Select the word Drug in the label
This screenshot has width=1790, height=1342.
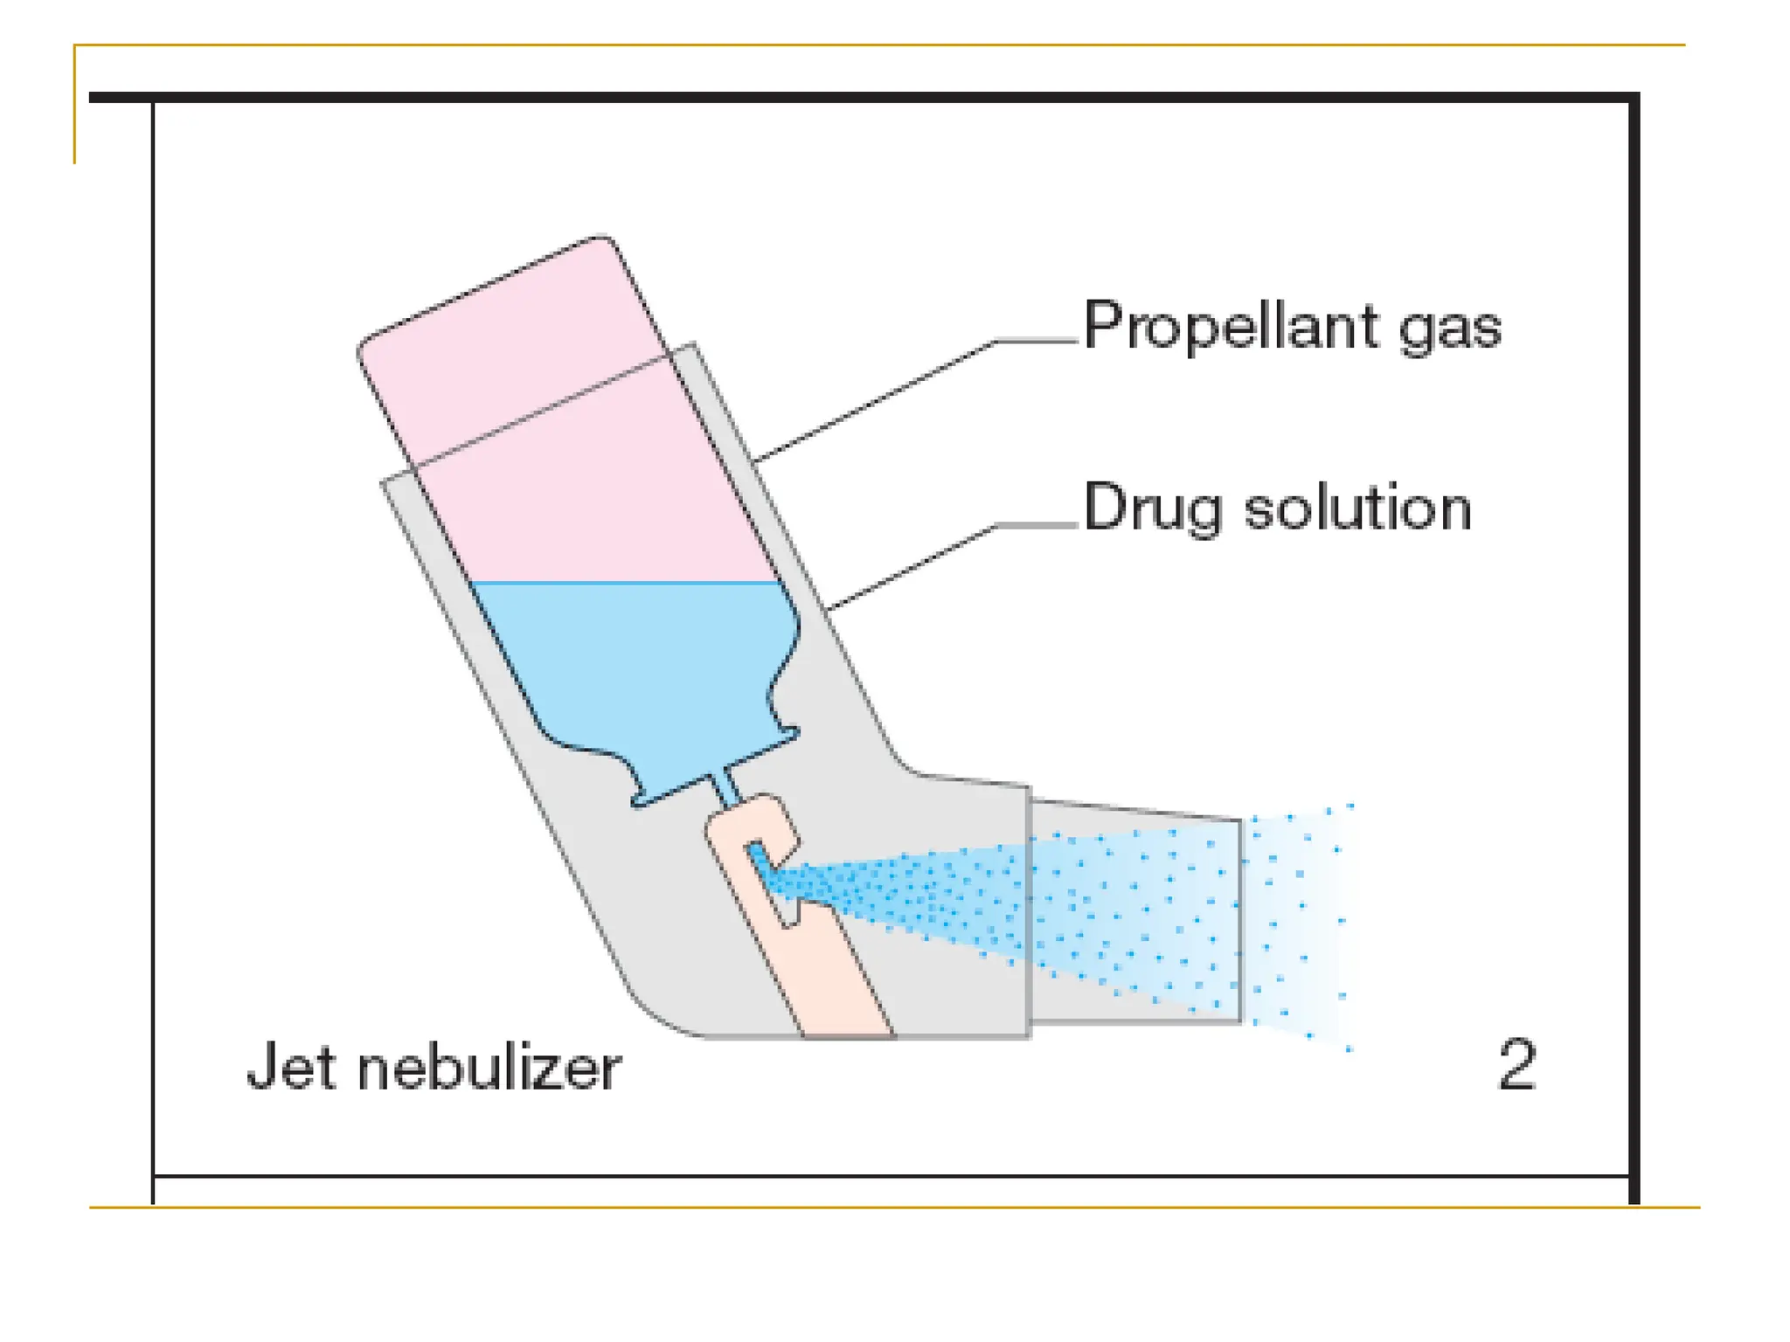[x=1152, y=508]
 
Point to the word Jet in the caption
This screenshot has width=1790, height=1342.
[x=290, y=1066]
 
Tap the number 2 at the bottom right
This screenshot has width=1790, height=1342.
[x=1516, y=1064]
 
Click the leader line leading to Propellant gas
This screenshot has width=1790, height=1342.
[x=874, y=402]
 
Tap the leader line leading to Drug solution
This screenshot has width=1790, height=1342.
[x=909, y=568]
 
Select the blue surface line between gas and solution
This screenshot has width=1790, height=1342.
[x=625, y=582]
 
